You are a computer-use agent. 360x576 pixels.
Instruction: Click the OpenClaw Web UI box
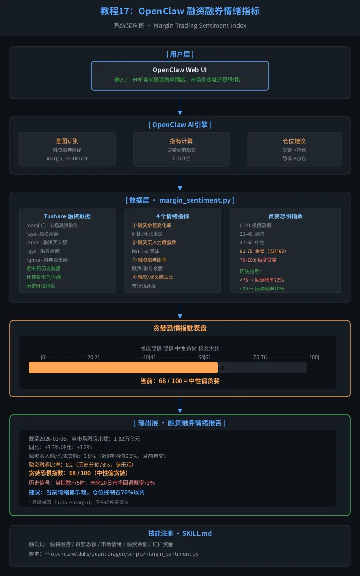[180, 75]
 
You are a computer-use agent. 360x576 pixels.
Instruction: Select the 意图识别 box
[67, 149]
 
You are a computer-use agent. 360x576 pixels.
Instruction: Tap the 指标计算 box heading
[181, 141]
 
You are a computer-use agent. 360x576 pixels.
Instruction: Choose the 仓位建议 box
[294, 149]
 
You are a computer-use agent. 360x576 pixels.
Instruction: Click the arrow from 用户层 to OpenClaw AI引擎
[180, 107]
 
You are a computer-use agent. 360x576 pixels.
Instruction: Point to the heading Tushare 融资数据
[67, 216]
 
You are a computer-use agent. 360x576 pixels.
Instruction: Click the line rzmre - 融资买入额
[47, 242]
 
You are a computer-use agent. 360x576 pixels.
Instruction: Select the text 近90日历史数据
[43, 268]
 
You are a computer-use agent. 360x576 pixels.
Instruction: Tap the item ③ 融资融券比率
[149, 260]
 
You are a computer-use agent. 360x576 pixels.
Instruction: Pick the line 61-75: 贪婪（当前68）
[263, 251]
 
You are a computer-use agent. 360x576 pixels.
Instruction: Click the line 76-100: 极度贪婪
[258, 260]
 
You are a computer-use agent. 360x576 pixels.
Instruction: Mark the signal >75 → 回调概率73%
[262, 280]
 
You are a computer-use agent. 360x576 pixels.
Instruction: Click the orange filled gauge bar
[123, 368]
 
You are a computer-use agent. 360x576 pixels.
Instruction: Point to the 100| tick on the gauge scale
[314, 357]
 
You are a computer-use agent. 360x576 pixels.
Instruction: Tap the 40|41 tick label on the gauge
[149, 357]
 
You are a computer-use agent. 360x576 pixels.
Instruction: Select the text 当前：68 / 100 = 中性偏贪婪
[180, 381]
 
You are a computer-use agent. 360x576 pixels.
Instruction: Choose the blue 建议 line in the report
[86, 492]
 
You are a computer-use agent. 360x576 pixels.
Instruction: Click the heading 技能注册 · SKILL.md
[180, 533]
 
